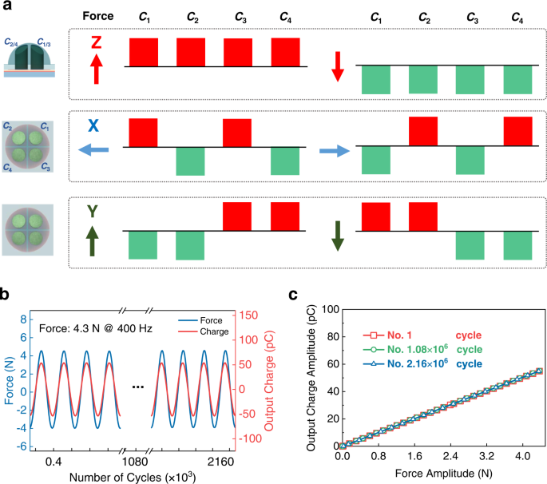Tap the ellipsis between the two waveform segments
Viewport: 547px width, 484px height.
click(x=137, y=387)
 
